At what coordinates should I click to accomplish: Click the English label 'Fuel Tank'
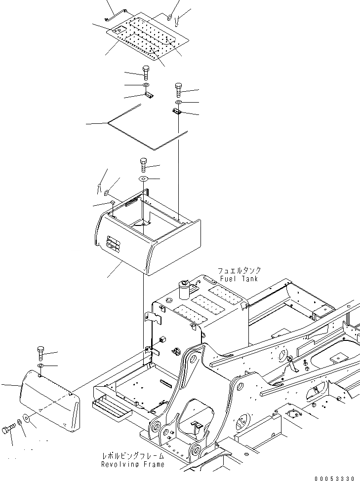[240, 279]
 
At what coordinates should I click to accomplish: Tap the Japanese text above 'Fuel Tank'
[240, 271]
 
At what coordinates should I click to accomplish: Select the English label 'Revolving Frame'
[132, 464]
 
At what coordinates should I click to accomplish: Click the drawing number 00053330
[333, 477]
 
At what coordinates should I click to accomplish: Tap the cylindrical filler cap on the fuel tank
[185, 289]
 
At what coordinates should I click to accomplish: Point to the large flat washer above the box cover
[143, 178]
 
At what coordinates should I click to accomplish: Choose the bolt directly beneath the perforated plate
[146, 73]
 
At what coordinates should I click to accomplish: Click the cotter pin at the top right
[178, 20]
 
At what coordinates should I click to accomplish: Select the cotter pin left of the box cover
[100, 188]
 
